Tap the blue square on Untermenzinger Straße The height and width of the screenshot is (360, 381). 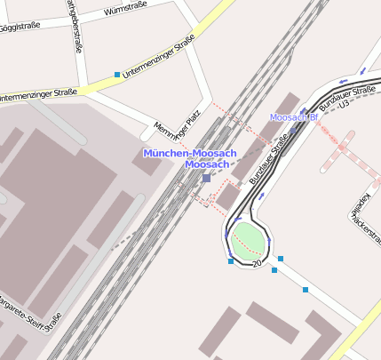pyautogui.click(x=117, y=75)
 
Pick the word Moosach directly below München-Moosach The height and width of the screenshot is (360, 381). pyautogui.click(x=207, y=164)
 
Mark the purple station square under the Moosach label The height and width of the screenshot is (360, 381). pyautogui.click(x=206, y=178)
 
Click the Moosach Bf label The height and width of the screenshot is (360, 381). pyautogui.click(x=293, y=117)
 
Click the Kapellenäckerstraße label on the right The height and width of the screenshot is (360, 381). pyautogui.click(x=361, y=218)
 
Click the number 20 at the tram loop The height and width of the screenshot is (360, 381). pyautogui.click(x=258, y=264)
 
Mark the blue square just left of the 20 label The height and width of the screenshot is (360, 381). pyautogui.click(x=231, y=261)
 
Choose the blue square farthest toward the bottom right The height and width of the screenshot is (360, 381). pyautogui.click(x=306, y=290)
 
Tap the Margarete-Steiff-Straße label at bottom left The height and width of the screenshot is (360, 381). pyautogui.click(x=31, y=310)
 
